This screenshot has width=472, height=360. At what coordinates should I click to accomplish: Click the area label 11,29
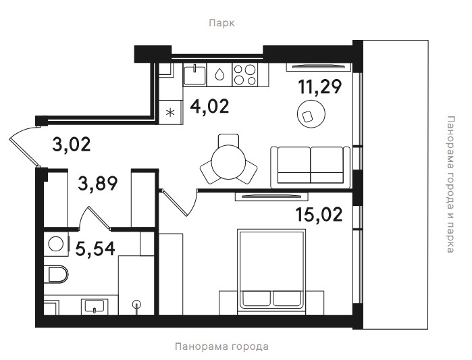pyautogui.click(x=319, y=86)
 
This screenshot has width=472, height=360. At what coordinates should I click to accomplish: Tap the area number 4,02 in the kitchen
pyautogui.click(x=209, y=106)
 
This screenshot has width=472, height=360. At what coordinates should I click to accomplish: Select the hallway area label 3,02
pyautogui.click(x=72, y=144)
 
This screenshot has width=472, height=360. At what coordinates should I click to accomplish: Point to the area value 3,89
pyautogui.click(x=97, y=183)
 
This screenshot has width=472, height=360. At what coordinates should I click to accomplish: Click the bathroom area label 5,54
pyautogui.click(x=95, y=249)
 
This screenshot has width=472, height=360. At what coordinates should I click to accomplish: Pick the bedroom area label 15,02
pyautogui.click(x=319, y=214)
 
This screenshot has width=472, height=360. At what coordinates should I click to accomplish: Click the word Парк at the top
pyautogui.click(x=221, y=23)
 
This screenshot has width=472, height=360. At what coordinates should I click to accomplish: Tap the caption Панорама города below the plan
pyautogui.click(x=221, y=346)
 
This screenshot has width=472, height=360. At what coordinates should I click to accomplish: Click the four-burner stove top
pyautogui.click(x=245, y=75)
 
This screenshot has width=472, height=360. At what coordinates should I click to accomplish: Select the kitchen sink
pyautogui.click(x=195, y=75)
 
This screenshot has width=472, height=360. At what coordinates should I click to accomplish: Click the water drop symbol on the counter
pyautogui.click(x=219, y=74)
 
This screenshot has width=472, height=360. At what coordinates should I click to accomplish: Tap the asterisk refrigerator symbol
pyautogui.click(x=170, y=113)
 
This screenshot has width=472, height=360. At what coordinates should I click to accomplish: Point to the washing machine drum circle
pyautogui.click(x=55, y=244)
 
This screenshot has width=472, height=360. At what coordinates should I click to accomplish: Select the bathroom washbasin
pyautogui.click(x=95, y=306)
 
